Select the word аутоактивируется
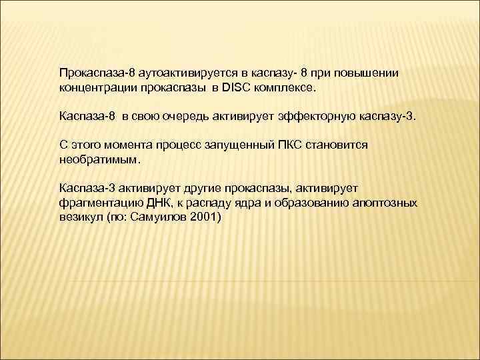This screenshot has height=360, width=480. [169, 72]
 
